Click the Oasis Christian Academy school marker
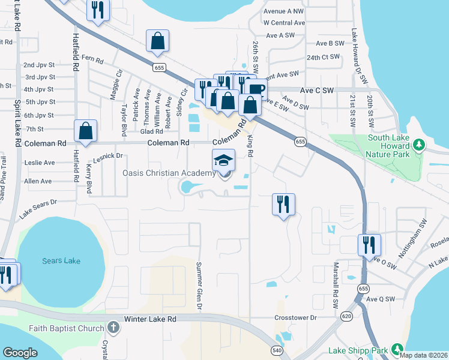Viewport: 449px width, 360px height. coord(223,161)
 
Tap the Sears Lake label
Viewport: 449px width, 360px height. coord(61,261)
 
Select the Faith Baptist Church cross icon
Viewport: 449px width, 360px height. coord(113,328)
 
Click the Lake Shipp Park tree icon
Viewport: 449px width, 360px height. coord(396,349)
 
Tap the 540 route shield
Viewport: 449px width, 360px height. coord(277,350)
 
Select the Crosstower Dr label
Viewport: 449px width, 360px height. coord(295,317)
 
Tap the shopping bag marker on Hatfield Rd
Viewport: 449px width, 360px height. coord(86,131)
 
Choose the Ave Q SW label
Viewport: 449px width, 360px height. coord(381,299)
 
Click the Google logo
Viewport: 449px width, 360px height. coord(20,352)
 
